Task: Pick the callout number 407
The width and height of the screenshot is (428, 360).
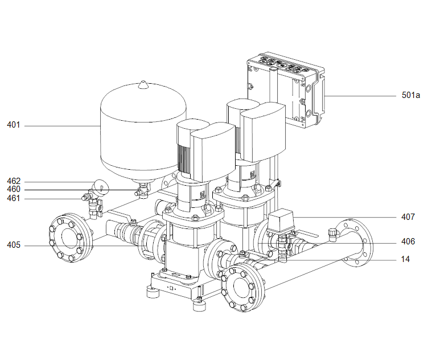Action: [x=408, y=217]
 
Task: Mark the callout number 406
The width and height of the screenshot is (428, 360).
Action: [x=408, y=242]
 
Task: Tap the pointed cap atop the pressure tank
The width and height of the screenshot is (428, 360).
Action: [x=143, y=85]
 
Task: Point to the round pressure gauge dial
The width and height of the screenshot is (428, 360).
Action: [x=100, y=186]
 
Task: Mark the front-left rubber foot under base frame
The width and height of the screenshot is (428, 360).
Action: [x=152, y=292]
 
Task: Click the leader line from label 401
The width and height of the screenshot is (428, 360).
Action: [x=63, y=125]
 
